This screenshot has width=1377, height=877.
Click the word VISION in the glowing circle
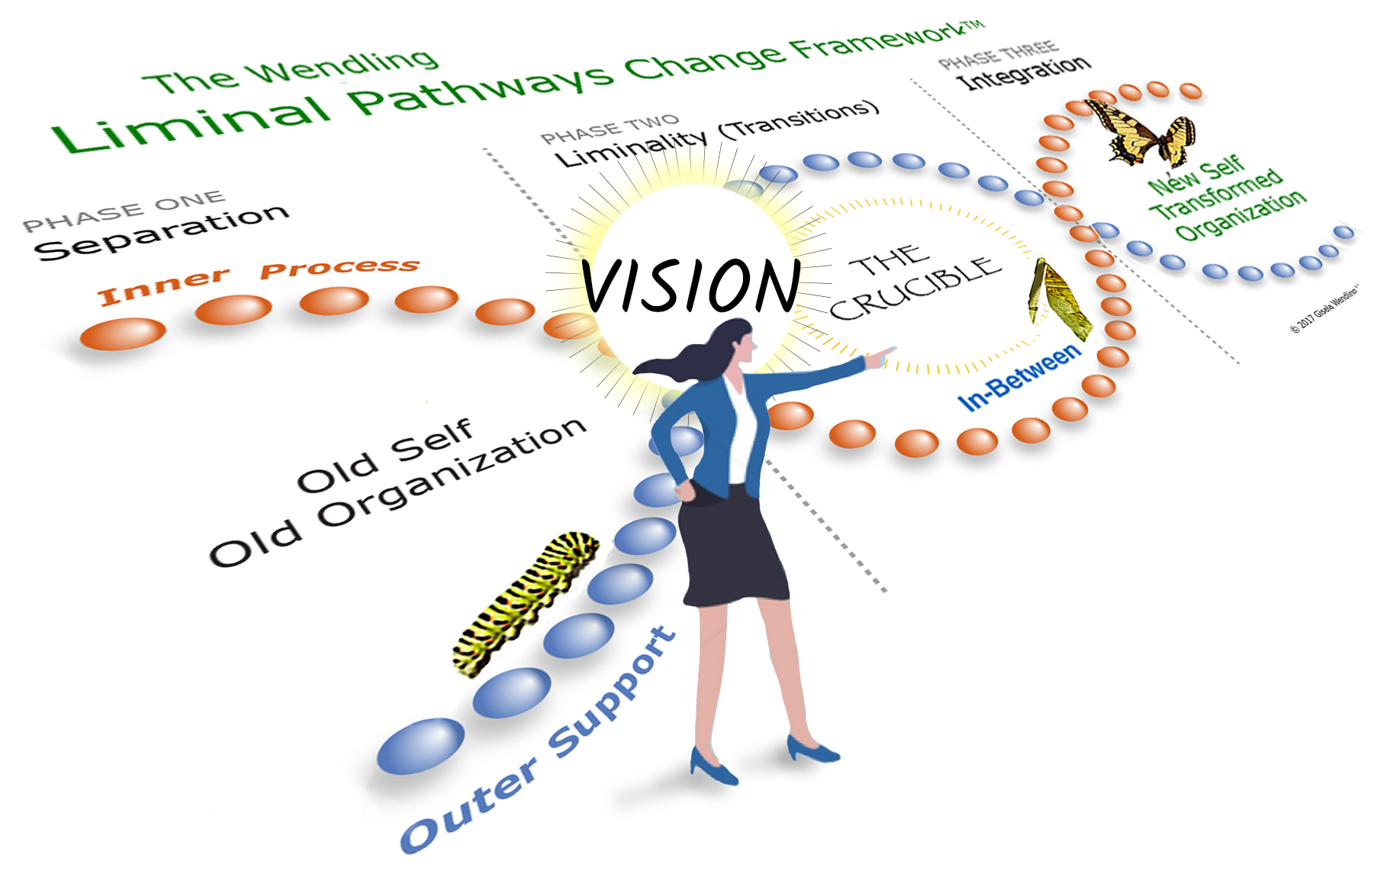click(690, 285)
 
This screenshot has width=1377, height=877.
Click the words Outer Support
click(538, 740)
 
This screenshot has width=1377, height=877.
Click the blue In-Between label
click(1019, 377)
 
